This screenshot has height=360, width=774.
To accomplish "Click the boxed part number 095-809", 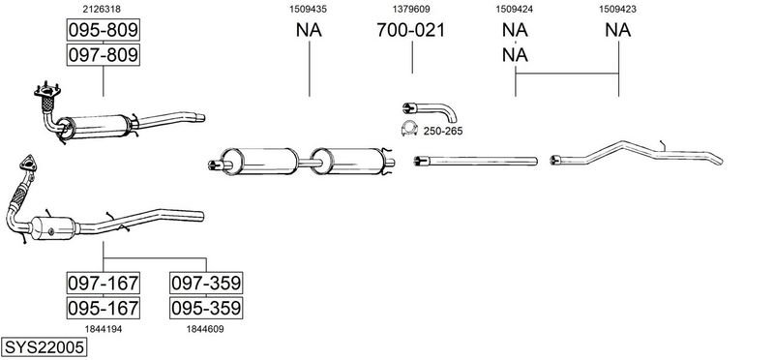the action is tap(104, 30).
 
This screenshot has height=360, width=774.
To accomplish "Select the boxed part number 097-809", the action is tap(104, 54).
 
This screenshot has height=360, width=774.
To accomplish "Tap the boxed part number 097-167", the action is tap(104, 283).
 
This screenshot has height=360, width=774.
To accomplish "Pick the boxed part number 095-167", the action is tap(104, 308).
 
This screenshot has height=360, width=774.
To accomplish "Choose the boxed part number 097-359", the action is tap(206, 283).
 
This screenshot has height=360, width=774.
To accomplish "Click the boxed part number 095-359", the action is tap(206, 308).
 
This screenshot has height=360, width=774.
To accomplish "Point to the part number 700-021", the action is tap(410, 30).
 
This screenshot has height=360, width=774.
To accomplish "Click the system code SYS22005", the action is tap(44, 347).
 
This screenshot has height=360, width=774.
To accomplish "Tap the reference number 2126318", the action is tap(103, 9).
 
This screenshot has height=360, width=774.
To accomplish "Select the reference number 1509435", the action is tap(308, 9).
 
